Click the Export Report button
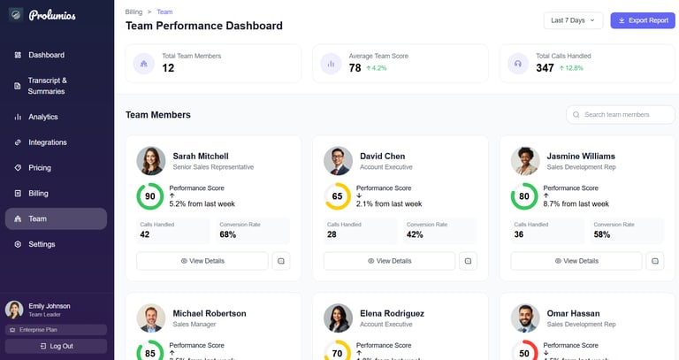(x=643, y=20)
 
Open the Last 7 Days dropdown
(x=573, y=20)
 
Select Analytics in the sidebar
(x=42, y=117)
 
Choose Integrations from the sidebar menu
(x=47, y=142)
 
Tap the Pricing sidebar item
(x=39, y=168)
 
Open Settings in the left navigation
(x=42, y=244)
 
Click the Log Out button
(x=57, y=346)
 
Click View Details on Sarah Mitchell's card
(x=202, y=261)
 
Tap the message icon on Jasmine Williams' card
(x=655, y=261)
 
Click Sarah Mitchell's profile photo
(x=150, y=161)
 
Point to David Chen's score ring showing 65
(x=337, y=196)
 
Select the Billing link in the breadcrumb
(x=134, y=11)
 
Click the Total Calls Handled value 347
(x=545, y=68)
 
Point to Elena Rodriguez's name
(x=392, y=313)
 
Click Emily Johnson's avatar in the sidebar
(x=14, y=310)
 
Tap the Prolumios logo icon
(x=15, y=15)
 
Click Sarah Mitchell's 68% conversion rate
(x=228, y=235)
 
